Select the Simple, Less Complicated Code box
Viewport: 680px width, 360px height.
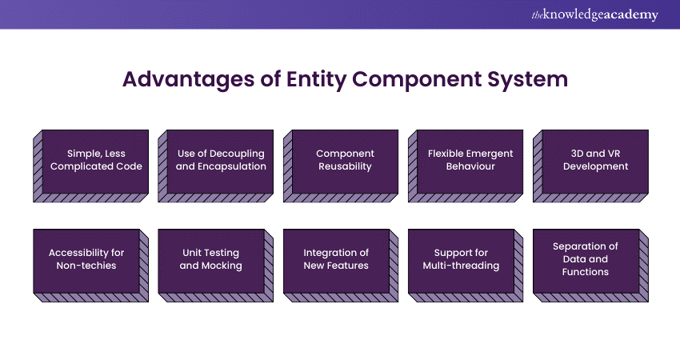[95, 160]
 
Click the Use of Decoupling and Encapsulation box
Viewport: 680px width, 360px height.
[221, 160]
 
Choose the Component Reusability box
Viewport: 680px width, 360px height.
[346, 160]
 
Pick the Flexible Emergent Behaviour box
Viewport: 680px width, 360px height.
[470, 160]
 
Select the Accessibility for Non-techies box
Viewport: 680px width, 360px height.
[86, 259]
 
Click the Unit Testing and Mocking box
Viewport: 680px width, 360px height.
[211, 259]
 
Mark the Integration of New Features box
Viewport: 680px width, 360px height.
[336, 259]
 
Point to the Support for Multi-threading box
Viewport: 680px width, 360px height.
[461, 259]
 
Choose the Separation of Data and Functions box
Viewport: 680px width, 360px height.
[586, 259]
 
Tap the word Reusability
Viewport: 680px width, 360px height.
[346, 166]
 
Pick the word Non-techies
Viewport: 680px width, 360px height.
[86, 266]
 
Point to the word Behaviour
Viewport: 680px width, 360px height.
[470, 166]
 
